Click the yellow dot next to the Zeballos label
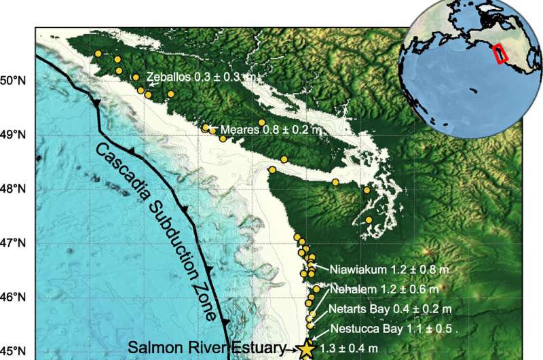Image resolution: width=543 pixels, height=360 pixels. pos(136,77)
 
